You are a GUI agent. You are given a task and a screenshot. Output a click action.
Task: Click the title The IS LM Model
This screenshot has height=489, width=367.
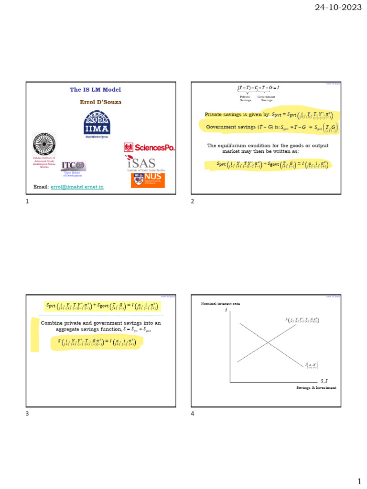[96, 90]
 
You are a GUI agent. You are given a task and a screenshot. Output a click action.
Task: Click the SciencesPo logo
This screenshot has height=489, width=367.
[149, 148]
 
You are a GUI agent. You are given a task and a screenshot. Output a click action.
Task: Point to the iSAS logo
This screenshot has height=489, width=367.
[147, 164]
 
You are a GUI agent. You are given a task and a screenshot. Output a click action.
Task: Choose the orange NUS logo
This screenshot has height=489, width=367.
[148, 180]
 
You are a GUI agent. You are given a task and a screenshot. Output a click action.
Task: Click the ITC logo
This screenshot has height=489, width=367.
[73, 166]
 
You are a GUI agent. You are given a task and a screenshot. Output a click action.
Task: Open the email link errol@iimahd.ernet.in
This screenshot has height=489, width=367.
[77, 187]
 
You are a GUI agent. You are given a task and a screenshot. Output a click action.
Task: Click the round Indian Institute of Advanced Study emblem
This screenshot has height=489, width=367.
[44, 144]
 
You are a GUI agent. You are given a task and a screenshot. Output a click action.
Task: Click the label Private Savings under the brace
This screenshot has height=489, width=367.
[245, 98]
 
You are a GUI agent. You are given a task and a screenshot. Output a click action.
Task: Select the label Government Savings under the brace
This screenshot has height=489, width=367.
[266, 98]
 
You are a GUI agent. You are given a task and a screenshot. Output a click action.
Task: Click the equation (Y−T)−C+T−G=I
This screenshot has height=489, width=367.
[259, 88]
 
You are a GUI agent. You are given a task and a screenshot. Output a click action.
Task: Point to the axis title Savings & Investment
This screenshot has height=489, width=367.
[316, 388]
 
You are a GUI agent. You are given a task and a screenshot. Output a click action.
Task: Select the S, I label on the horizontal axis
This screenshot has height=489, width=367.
[324, 381]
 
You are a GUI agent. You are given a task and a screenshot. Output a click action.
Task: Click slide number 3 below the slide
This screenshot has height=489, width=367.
[27, 414]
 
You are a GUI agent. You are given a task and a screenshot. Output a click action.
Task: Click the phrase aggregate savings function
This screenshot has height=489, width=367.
[90, 330]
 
